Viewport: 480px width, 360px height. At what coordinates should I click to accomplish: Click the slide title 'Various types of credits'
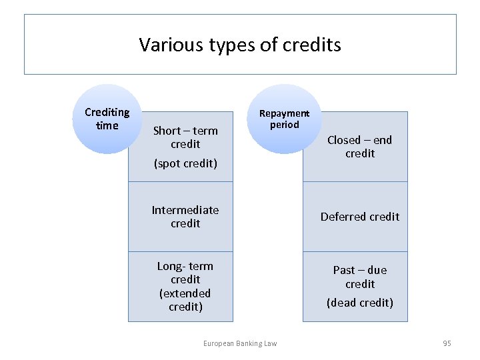[240, 45]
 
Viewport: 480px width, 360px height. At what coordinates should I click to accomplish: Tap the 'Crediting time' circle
[107, 119]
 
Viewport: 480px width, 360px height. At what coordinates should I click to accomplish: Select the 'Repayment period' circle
[285, 119]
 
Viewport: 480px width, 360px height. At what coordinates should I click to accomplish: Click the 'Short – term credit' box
[185, 137]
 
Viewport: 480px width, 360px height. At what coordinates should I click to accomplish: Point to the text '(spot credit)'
[185, 163]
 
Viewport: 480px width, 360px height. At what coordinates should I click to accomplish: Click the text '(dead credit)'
[360, 303]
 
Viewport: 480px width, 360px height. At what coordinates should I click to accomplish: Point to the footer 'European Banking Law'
[240, 343]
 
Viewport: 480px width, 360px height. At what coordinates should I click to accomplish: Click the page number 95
[447, 343]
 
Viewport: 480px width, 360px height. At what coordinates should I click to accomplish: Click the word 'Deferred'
[341, 217]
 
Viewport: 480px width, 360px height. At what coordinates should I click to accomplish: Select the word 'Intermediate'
[185, 210]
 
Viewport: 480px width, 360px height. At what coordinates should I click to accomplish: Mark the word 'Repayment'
[285, 113]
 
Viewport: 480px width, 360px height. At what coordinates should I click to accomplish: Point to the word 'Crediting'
[107, 112]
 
